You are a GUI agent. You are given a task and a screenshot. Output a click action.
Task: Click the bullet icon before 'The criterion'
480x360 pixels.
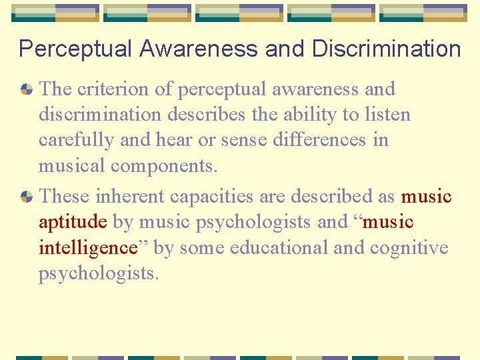pos(27,89)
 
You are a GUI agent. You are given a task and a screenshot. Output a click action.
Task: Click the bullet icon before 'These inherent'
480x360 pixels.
pos(27,196)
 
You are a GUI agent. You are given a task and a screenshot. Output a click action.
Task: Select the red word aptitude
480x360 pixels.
pos(73,222)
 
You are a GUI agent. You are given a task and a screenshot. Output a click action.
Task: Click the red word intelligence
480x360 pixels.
pos(87,248)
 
